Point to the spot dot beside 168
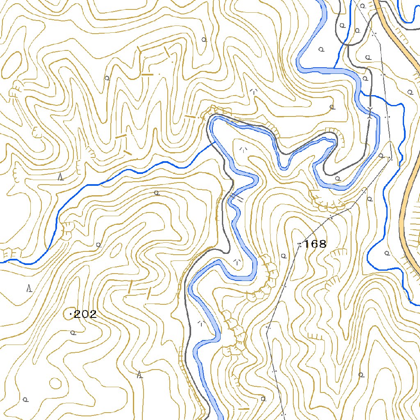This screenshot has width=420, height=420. point(299,245)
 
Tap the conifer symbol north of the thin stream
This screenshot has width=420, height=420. point(61,177)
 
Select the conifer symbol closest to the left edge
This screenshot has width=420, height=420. point(29,288)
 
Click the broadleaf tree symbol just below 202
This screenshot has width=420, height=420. point(73,333)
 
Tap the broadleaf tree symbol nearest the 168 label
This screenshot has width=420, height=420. point(283,256)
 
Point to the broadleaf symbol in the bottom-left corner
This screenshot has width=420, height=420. point(25,399)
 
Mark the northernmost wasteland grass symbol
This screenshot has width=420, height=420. point(254,91)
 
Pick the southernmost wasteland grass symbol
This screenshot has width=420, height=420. point(201,323)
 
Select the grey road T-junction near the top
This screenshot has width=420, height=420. point(347,44)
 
